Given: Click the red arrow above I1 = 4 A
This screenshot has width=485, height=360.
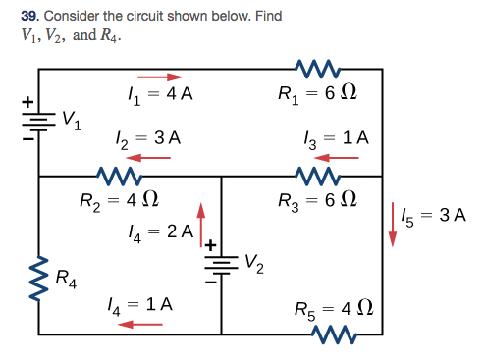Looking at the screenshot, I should pyautogui.click(x=159, y=77).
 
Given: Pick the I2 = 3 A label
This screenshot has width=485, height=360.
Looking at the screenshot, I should pyautogui.click(x=149, y=137).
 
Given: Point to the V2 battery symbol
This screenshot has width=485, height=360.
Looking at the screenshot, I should pyautogui.click(x=221, y=265).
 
